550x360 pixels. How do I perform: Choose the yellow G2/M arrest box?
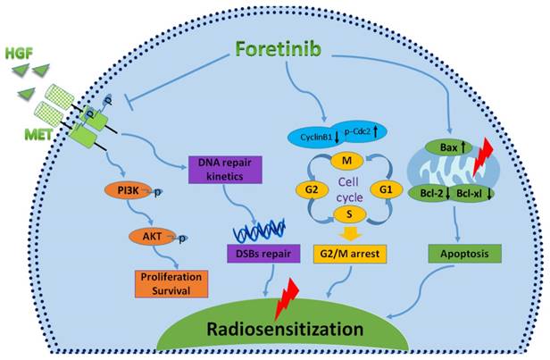[x=348, y=255]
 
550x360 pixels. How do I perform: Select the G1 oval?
[x=385, y=189]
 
